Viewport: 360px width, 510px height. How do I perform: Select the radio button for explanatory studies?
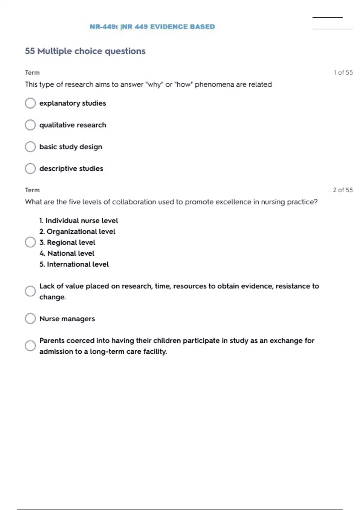30,103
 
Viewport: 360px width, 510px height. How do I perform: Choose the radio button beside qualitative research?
30,125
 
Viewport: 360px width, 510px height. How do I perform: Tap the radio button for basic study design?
30,147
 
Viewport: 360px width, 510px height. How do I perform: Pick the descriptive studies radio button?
30,169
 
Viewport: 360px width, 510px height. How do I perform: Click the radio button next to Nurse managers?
30,319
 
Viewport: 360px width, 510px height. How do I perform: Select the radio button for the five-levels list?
30,242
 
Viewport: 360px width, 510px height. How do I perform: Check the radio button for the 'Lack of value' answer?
30,291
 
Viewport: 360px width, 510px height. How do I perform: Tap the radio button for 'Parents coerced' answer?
30,346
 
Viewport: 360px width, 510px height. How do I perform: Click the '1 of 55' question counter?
343,73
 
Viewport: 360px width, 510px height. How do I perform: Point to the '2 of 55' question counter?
343,190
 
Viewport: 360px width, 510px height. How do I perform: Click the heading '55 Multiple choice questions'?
85,51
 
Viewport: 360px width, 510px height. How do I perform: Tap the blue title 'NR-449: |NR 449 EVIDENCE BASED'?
152,27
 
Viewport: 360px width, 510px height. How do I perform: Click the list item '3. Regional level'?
67,242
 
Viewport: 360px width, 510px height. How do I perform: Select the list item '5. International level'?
74,264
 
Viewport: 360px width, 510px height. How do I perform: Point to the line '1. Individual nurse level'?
79,221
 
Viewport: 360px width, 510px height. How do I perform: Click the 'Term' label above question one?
32,73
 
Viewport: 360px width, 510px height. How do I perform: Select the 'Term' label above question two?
32,190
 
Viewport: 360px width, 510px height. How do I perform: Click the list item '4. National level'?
67,253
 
